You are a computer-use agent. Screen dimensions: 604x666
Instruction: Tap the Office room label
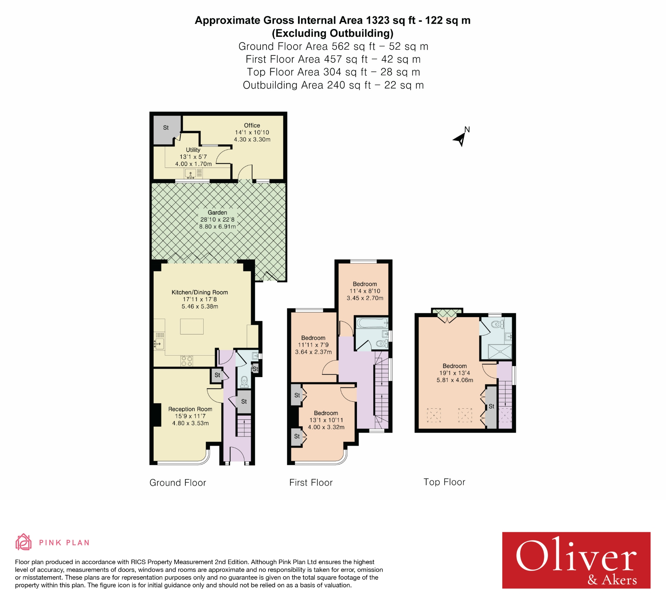[252, 125]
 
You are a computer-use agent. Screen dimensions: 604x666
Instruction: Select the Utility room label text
[193, 150]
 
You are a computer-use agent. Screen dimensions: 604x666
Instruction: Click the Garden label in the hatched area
[217, 212]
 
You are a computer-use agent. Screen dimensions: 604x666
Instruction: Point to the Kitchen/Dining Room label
[199, 292]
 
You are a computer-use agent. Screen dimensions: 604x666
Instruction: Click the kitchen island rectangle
[191, 326]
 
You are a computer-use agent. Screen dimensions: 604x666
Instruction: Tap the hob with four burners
[186, 361]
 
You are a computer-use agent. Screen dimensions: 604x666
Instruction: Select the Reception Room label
[190, 409]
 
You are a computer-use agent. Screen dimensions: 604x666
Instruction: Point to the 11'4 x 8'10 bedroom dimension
[365, 291]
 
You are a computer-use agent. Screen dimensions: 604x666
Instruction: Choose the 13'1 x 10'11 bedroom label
[326, 420]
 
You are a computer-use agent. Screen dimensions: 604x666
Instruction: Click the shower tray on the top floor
[499, 351]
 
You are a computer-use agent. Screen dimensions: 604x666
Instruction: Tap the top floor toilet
[497, 325]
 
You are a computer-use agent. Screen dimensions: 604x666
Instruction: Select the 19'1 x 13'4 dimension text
[454, 373]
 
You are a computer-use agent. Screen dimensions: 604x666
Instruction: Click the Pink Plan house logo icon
[23, 542]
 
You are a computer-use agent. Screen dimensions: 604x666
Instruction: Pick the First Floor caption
[311, 483]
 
